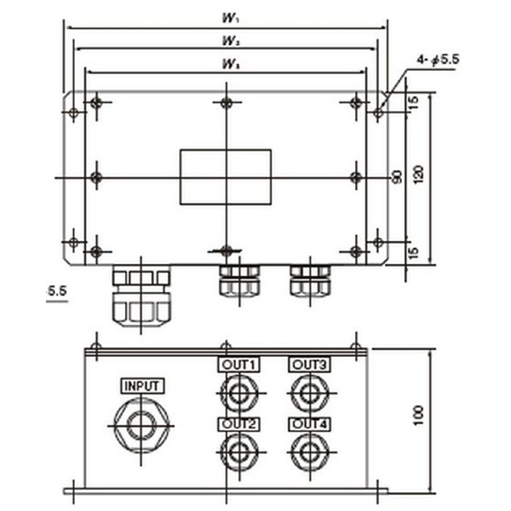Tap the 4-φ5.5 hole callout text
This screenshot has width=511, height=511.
(x=439, y=60)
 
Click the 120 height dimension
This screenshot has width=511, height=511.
(x=417, y=176)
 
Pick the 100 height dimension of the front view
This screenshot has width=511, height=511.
(x=417, y=415)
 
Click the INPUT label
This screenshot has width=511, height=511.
(x=141, y=386)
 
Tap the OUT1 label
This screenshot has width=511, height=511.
(x=239, y=365)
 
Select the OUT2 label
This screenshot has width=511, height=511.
(x=239, y=423)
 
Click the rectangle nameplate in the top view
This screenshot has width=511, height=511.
(x=225, y=176)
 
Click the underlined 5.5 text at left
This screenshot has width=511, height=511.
(x=57, y=291)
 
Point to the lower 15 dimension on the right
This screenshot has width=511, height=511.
(x=414, y=253)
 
